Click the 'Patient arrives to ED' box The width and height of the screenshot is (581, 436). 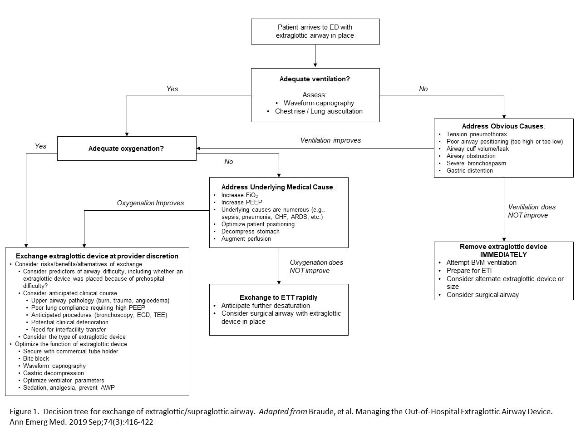[x=315, y=31]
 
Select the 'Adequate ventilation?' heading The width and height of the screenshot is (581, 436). [x=315, y=79]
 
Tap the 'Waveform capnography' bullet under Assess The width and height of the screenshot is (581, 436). [x=319, y=103]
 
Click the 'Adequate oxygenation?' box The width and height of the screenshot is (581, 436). [x=126, y=149]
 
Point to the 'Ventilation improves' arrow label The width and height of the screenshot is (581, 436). [x=330, y=140]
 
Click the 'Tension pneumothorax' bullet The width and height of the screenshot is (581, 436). [x=477, y=134]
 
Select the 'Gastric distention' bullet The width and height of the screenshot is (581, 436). [x=469, y=171]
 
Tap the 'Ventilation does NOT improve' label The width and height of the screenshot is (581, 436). [x=531, y=211]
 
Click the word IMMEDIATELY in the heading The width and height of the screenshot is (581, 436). [x=503, y=255]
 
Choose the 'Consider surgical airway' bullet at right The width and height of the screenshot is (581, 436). [x=483, y=295]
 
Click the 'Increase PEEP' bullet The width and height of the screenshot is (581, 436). [x=241, y=203]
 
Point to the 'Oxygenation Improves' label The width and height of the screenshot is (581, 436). [x=150, y=203]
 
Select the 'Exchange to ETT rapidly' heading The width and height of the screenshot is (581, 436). [x=278, y=297]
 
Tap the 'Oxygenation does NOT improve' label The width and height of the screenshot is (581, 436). [x=316, y=267]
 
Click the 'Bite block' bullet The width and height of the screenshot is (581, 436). [x=36, y=359]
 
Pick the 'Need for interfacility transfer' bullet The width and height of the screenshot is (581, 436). [x=68, y=330]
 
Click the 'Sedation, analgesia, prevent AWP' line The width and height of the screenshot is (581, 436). [x=69, y=388]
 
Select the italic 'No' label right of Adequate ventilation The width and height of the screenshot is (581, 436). [x=423, y=89]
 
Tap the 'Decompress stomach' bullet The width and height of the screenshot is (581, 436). [x=250, y=232]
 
